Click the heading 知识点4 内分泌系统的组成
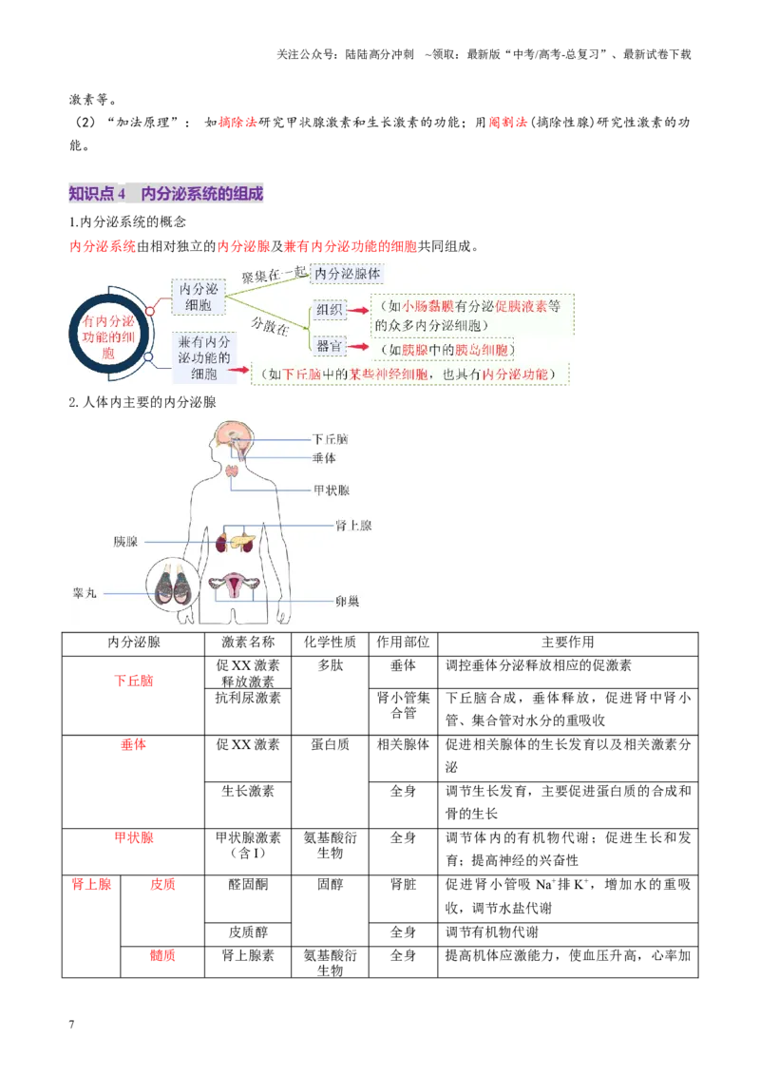click(x=166, y=194)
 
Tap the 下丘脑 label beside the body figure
click(x=331, y=439)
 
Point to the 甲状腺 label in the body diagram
click(x=332, y=490)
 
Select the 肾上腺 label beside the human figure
click(x=353, y=526)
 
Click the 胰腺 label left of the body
click(x=125, y=542)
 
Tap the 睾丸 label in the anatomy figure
click(x=85, y=593)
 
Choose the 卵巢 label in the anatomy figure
click(x=348, y=601)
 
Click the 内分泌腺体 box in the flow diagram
click(x=348, y=274)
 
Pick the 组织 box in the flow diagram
click(x=330, y=310)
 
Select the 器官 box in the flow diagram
click(x=330, y=346)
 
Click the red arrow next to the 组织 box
click(x=359, y=310)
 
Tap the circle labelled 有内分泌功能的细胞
click(x=108, y=336)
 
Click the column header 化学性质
click(x=330, y=643)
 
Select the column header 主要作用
click(x=568, y=643)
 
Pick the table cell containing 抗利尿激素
click(x=248, y=698)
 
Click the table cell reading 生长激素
click(x=248, y=791)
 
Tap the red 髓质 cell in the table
click(x=162, y=955)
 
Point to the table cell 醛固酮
click(x=248, y=885)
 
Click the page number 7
click(x=71, y=1025)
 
